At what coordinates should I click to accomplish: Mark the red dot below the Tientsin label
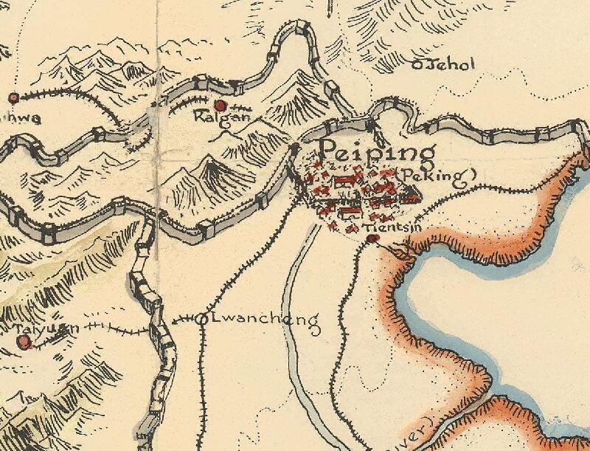[x=373, y=238]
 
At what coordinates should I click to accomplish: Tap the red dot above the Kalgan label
[x=219, y=105]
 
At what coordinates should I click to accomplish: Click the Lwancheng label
[x=265, y=321]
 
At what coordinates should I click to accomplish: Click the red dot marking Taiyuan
[x=24, y=341]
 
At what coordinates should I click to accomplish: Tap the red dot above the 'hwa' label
[x=13, y=97]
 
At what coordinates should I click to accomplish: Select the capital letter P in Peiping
[x=330, y=151]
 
